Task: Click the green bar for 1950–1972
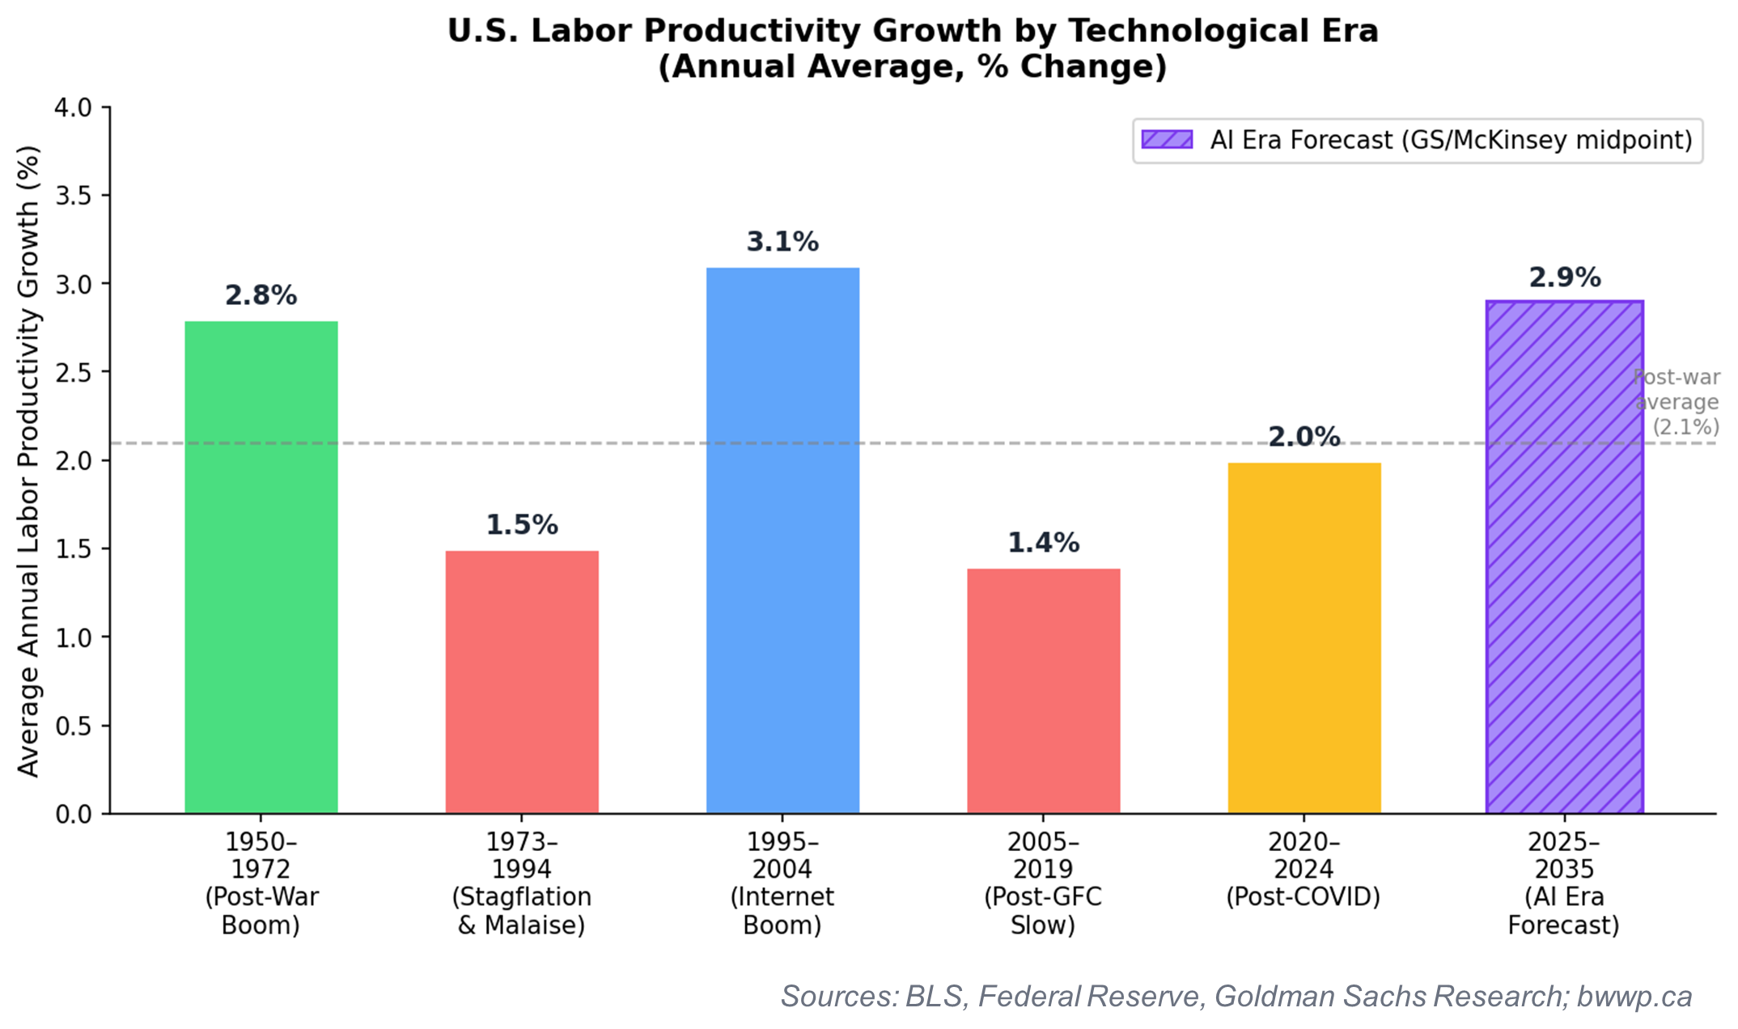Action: [x=261, y=566]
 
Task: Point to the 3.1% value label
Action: [x=782, y=242]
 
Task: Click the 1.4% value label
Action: [x=1044, y=543]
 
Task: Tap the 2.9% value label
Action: [x=1564, y=277]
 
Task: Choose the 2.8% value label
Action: [x=261, y=295]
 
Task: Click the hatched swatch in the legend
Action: [x=1167, y=140]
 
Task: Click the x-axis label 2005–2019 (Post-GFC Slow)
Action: [x=1044, y=883]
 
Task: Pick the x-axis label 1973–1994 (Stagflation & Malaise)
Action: [x=522, y=883]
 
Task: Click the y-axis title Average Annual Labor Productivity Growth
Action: [x=28, y=461]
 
